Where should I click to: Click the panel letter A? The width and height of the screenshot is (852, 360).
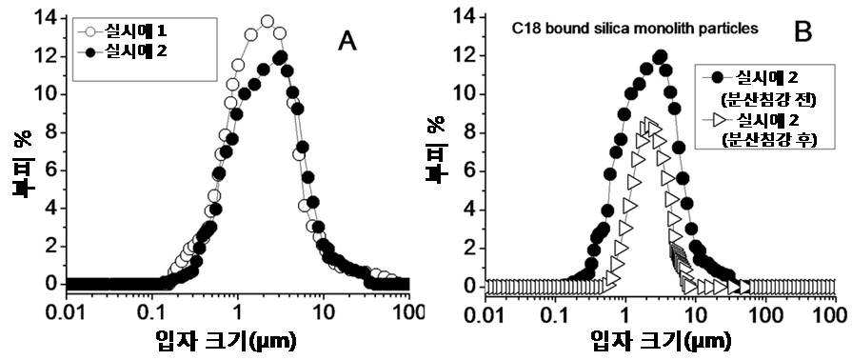347,41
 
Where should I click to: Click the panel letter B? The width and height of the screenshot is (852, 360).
803,33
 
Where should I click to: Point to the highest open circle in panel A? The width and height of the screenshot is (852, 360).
267,22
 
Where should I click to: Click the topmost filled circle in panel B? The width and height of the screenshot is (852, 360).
661,56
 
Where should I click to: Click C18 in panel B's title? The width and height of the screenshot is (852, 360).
525,30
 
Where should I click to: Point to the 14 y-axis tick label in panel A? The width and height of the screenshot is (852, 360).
45,18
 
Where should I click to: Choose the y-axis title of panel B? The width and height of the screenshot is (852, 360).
436,152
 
